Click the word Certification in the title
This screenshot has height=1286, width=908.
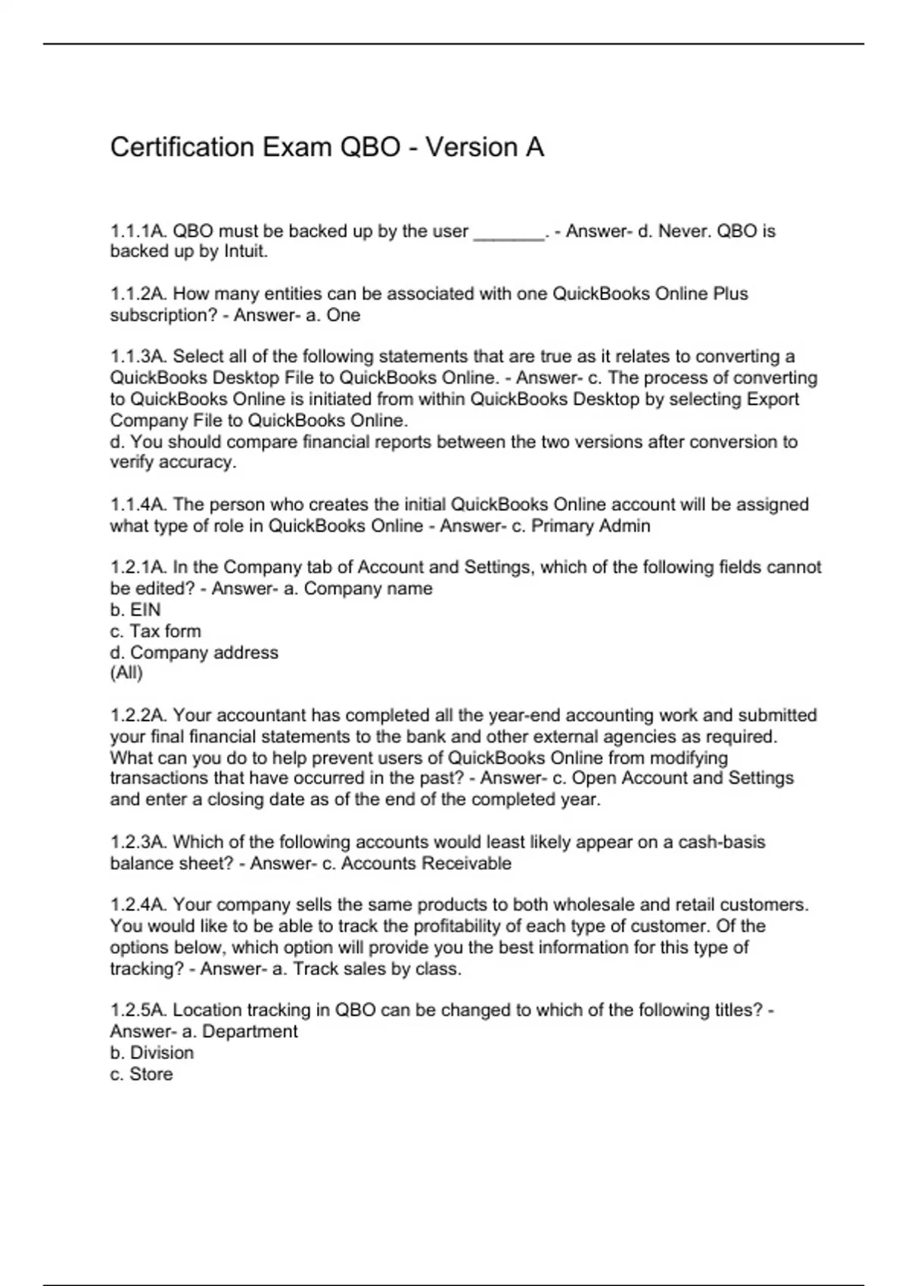point(182,147)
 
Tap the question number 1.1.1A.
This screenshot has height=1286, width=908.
point(138,231)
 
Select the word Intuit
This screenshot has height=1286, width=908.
point(245,252)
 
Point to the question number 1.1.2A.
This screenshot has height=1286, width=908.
point(138,294)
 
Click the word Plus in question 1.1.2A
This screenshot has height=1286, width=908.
point(730,294)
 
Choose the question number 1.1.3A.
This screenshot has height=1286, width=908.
point(138,356)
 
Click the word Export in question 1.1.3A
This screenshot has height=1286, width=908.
point(773,399)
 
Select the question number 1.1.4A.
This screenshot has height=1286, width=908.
point(138,505)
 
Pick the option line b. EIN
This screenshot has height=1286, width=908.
point(135,610)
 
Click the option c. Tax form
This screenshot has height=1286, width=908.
point(155,631)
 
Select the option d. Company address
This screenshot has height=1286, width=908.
point(194,652)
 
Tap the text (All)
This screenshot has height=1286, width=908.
point(126,673)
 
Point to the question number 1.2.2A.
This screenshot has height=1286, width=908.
point(138,716)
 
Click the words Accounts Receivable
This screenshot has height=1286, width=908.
point(426,863)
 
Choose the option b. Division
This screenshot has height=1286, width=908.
point(151,1052)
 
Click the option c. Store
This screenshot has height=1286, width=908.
point(141,1073)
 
